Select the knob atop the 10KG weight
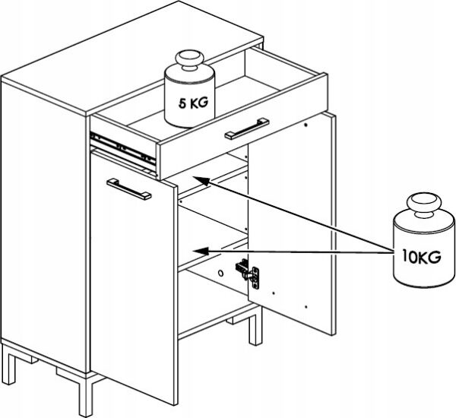pos(419,206)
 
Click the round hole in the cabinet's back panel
pos(219,274)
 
